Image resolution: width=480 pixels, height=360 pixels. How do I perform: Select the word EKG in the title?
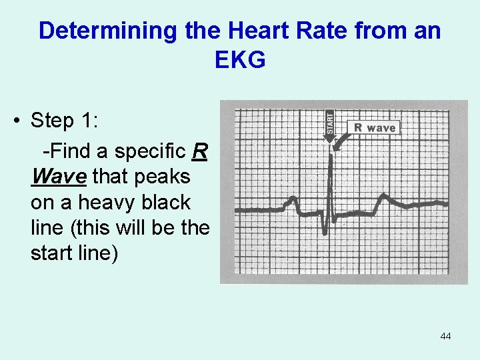240,60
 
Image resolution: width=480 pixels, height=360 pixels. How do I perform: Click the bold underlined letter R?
199,151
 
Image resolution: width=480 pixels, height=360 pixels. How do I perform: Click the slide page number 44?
445,336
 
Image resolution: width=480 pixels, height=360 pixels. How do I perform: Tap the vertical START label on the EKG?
329,123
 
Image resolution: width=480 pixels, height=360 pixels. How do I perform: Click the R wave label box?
374,127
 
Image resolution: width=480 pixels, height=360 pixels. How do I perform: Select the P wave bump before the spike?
291,200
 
